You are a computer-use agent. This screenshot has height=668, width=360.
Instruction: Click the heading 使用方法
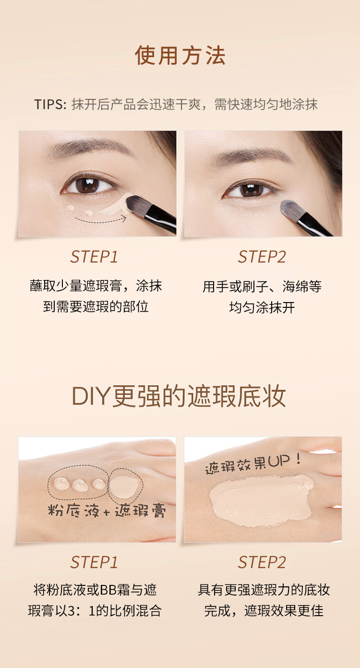tap(180, 56)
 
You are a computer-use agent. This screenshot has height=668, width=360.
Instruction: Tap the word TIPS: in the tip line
tap(50, 104)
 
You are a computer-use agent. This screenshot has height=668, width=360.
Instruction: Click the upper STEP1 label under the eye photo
tap(94, 257)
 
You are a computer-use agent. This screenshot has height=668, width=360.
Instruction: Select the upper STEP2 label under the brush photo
tap(262, 257)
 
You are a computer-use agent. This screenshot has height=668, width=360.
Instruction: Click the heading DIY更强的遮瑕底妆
tap(179, 396)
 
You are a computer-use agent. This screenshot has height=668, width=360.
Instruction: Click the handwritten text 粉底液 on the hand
tap(73, 510)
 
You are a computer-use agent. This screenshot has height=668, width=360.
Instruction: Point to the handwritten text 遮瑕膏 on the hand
tap(140, 511)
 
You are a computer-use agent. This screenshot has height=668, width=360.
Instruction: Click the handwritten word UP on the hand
tap(278, 462)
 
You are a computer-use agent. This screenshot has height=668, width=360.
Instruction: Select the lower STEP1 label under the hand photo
tap(94, 562)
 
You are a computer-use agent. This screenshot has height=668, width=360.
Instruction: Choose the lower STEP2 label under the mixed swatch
tap(262, 562)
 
